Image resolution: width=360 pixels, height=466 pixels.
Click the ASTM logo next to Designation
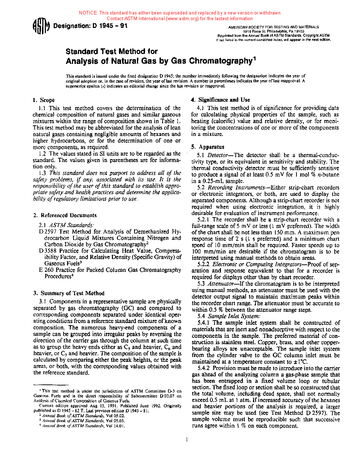(x=40, y=27)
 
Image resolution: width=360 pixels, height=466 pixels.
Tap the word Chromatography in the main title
(x=221, y=61)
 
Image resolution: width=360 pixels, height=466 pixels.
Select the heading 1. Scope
(x=44, y=100)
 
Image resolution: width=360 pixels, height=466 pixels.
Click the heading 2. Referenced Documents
(x=65, y=215)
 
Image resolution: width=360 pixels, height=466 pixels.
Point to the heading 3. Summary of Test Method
(x=69, y=293)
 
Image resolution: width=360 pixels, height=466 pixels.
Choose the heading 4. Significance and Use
(x=221, y=100)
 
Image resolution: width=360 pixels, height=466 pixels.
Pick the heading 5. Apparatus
(x=208, y=147)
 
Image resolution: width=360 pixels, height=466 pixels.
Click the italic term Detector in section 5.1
(x=218, y=155)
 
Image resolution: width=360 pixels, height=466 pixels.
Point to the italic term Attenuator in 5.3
(x=221, y=284)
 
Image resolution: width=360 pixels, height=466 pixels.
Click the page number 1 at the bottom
(x=187, y=440)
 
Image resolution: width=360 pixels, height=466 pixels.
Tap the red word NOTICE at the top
(x=88, y=13)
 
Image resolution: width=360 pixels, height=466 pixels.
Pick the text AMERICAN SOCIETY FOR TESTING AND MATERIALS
(x=273, y=27)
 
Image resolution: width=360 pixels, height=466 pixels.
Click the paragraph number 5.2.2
(x=203, y=264)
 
